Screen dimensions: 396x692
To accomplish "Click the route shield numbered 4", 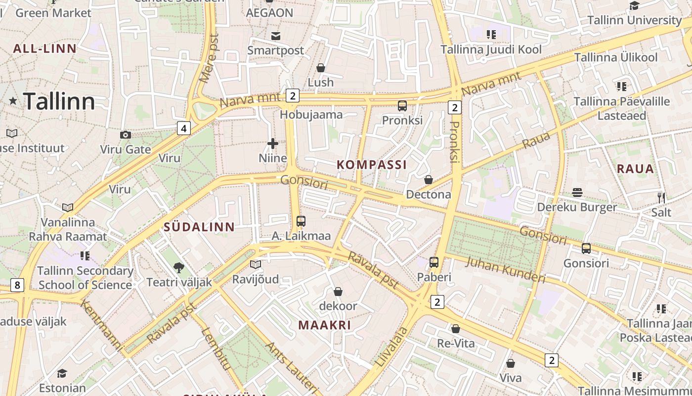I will point(184,129).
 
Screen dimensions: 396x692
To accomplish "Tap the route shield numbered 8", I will point(17,285).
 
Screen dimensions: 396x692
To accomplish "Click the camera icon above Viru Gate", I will point(126,135).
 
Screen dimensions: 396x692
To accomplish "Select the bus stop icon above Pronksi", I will point(402,105).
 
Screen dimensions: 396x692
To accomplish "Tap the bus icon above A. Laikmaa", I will point(301,221).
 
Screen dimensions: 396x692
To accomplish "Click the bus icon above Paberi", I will point(433,262).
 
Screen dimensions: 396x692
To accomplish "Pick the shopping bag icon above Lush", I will point(321,68).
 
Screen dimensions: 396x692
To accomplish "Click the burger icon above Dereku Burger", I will point(577,192).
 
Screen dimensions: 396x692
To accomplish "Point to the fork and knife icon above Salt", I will point(661,198).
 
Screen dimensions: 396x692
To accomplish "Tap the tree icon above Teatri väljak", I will point(179,268).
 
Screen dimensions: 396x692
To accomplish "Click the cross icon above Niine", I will point(272,144).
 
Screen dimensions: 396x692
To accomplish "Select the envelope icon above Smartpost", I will point(275,36).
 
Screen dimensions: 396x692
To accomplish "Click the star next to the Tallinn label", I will point(13,101).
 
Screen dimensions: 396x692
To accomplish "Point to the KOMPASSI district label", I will point(372,165).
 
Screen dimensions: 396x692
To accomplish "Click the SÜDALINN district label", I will point(199,227).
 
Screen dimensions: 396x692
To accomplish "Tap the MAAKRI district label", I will point(325,325).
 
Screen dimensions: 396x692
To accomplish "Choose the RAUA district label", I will point(635,169).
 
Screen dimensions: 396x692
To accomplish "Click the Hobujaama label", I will point(311,115).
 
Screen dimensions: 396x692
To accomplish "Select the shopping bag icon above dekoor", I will point(338,292).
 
